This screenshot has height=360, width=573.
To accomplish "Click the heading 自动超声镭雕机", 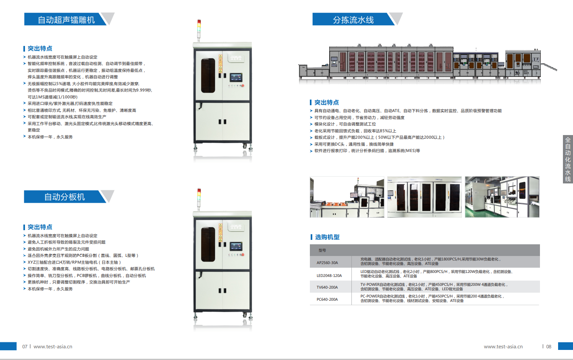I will [66, 20].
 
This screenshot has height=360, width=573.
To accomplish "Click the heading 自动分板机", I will [64, 197].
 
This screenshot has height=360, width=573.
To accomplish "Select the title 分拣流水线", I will [353, 20].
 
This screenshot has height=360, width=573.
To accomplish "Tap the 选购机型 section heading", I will [327, 237].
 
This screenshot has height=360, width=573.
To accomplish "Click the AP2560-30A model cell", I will [327, 262].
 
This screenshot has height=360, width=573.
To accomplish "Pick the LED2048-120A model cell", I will [329, 275].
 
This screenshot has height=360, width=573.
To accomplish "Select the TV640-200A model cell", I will [327, 287].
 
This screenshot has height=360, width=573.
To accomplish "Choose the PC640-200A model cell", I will [327, 299].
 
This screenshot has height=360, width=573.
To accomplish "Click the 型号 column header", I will [322, 250].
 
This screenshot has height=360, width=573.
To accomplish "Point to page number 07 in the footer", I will [25, 346].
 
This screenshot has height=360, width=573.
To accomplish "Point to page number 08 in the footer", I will [548, 346].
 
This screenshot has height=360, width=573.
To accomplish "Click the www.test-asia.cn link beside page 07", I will [53, 346].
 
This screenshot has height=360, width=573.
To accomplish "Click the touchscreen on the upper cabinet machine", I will [236, 78].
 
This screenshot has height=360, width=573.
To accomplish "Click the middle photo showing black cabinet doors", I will [424, 197].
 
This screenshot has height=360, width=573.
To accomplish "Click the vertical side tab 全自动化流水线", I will [568, 159].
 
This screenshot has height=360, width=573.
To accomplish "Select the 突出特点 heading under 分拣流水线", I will [326, 102].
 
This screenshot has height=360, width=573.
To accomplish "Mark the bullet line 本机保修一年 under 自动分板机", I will [50, 289].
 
